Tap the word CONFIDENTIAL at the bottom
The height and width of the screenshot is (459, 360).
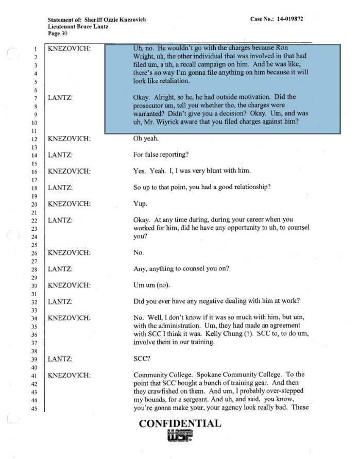point(180,424)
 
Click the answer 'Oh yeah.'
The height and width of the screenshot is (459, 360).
point(148,139)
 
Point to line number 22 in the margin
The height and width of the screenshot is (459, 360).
point(36,220)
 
